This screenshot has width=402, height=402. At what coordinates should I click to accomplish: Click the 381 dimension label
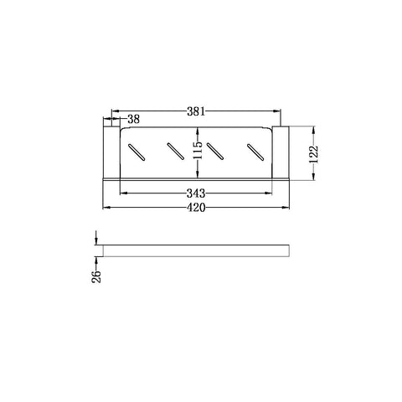tap(196, 111)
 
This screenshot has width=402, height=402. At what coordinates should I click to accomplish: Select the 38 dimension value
tap(133, 119)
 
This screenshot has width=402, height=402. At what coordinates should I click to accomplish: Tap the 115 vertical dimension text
tap(198, 150)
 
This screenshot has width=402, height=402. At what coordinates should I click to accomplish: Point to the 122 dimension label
tap(314, 154)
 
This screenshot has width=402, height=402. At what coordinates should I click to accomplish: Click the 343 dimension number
tap(196, 193)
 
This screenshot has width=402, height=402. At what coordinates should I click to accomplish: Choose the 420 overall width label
tap(196, 208)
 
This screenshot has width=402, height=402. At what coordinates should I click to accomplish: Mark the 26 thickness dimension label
tap(96, 276)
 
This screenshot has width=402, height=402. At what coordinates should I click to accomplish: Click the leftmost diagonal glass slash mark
tap(137, 152)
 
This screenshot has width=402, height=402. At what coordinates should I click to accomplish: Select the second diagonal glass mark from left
tap(175, 152)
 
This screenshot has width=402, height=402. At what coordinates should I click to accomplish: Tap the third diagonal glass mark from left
tap(215, 152)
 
